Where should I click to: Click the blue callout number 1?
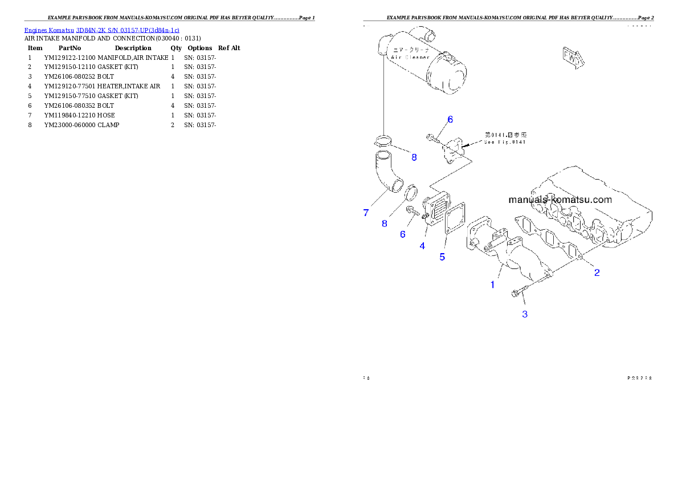pyautogui.click(x=493, y=284)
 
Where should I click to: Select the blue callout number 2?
pyautogui.click(x=597, y=272)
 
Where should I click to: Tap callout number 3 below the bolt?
pyautogui.click(x=525, y=314)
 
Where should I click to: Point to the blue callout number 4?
pyautogui.click(x=422, y=246)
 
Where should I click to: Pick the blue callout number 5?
pyautogui.click(x=442, y=257)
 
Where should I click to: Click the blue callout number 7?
pyautogui.click(x=366, y=213)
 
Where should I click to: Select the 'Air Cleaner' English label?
pyautogui.click(x=410, y=58)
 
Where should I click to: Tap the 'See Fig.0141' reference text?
pyautogui.click(x=505, y=142)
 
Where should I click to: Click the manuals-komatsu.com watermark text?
pyautogui.click(x=559, y=200)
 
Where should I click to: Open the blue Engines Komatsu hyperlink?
pyautogui.click(x=101, y=30)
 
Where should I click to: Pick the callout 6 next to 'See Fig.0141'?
pyautogui.click(x=450, y=119)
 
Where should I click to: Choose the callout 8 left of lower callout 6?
pyautogui.click(x=385, y=223)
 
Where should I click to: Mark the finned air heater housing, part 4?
pyautogui.click(x=436, y=210)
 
